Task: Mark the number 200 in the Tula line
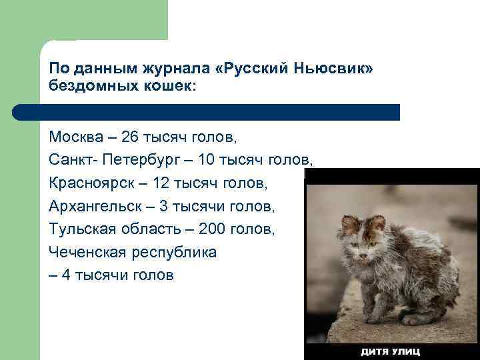click(204, 229)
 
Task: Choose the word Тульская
click(82, 229)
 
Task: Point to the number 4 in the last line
click(66, 275)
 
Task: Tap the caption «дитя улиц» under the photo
click(390, 351)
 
